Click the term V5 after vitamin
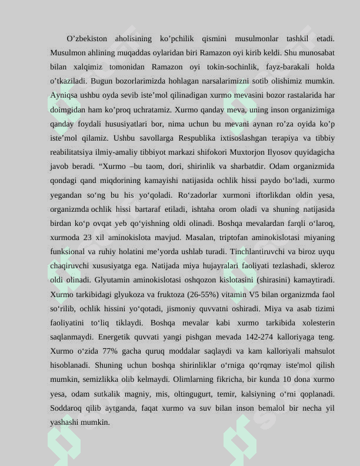tap(255, 294)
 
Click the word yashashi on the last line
tap(65, 422)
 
